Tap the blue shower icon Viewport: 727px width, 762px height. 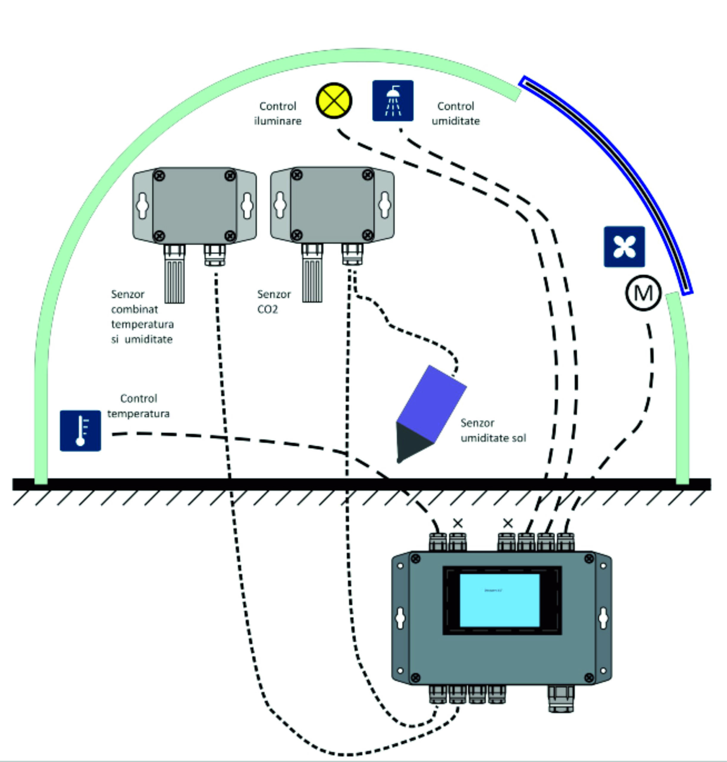(393, 101)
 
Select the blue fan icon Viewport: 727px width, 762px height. (624, 247)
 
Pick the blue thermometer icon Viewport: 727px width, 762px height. (80, 430)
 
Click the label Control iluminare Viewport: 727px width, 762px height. (278, 113)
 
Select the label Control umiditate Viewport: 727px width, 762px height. (455, 113)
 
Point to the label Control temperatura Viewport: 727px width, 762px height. (138, 406)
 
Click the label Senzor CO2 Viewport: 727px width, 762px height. (274, 301)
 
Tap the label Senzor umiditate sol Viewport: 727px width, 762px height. (493, 430)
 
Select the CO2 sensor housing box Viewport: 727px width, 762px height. (332, 204)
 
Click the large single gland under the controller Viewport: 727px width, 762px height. (561, 698)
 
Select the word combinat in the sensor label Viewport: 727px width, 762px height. (134, 309)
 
